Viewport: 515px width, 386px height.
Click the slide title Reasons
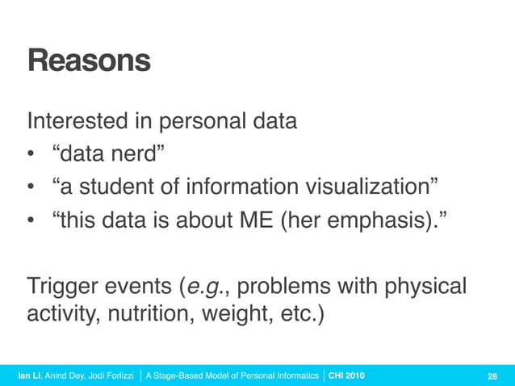[x=89, y=61]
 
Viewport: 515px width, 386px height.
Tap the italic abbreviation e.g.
[x=215, y=287]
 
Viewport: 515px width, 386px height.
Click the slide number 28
[x=492, y=376]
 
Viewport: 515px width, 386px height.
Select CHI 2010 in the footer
[x=346, y=376]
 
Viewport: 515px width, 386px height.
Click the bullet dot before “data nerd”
[x=31, y=156]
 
